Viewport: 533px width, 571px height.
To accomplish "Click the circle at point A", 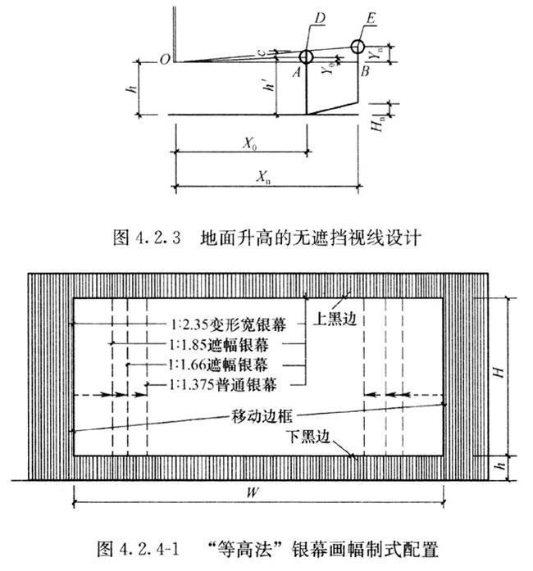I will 306,57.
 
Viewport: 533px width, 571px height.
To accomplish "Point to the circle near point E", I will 358,46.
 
